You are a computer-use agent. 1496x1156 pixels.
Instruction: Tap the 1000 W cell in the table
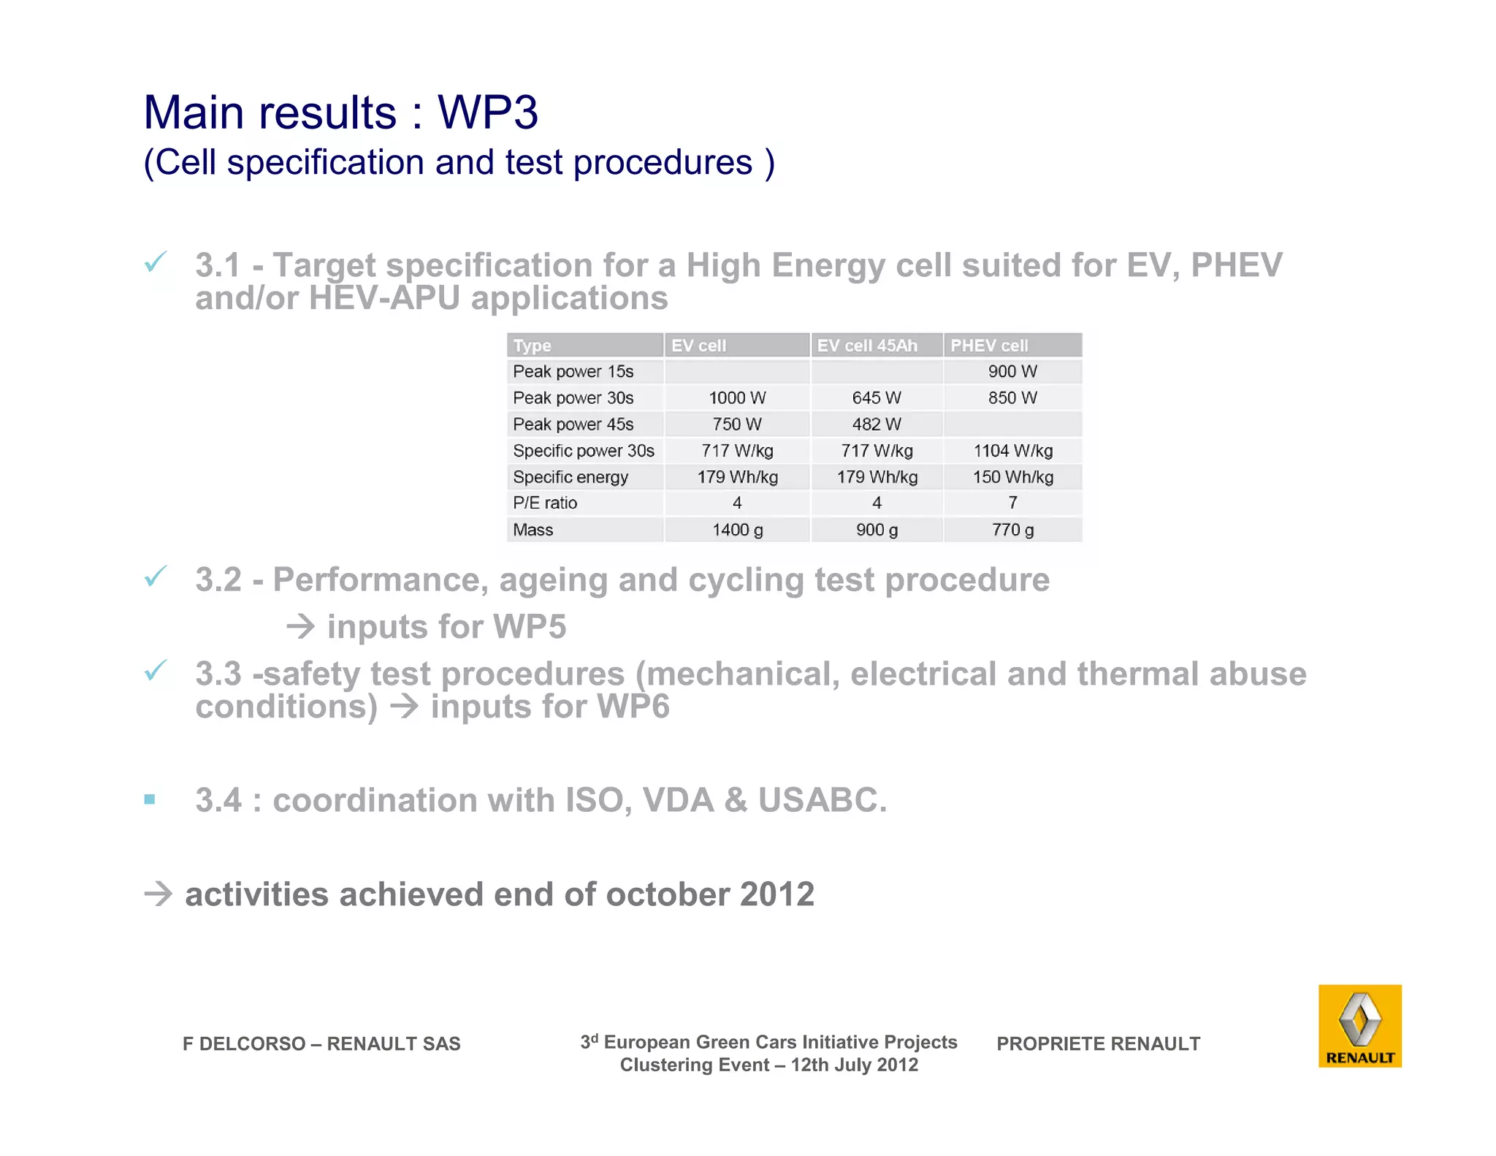[736, 398]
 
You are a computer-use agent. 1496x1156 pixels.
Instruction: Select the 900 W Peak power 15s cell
[1012, 371]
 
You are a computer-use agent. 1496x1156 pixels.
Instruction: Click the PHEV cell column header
[989, 346]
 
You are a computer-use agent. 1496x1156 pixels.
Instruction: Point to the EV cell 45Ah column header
[866, 346]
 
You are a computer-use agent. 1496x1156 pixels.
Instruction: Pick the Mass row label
[533, 530]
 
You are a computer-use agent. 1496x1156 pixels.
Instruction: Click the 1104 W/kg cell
[1012, 451]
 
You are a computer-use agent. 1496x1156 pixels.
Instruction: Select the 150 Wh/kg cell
[1012, 477]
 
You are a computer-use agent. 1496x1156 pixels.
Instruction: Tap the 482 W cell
[876, 425]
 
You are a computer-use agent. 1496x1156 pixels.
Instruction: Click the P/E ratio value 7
[1012, 503]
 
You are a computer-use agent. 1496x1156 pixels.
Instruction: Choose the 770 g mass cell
[1012, 530]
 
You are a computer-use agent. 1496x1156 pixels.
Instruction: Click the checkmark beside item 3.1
[156, 262]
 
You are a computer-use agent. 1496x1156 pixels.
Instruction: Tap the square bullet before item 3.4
[150, 799]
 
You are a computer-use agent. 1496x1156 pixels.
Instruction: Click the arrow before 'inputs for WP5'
[300, 627]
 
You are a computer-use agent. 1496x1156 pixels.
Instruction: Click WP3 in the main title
[487, 113]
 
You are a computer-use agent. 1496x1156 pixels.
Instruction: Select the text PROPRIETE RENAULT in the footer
[1098, 1043]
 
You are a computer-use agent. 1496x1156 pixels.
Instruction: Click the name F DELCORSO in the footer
[243, 1043]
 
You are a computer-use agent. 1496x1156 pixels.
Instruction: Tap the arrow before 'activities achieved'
[158, 894]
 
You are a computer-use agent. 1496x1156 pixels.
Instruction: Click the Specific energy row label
[570, 477]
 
